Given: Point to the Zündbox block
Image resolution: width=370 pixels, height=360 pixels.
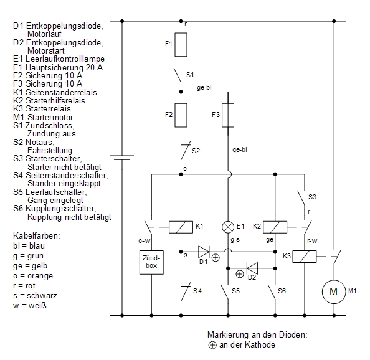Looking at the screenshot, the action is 151,262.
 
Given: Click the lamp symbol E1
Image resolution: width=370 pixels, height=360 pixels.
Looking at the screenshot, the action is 228,227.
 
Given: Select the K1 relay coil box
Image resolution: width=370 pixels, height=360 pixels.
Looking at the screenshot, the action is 181,227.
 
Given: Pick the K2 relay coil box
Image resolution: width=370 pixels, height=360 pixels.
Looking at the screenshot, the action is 275,227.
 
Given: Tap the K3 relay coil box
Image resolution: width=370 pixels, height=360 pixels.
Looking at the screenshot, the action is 305,257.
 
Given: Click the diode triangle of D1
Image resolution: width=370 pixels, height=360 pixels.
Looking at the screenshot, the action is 204,252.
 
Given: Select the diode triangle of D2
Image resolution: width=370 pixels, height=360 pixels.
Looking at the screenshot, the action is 252,268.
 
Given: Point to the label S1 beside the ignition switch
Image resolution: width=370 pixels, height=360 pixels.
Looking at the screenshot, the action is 190,75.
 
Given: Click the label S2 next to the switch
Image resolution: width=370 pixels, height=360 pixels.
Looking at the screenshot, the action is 196,151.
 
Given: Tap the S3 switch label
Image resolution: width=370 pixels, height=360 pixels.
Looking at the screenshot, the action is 312,197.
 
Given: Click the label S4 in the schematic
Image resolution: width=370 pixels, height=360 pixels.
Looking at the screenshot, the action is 197,291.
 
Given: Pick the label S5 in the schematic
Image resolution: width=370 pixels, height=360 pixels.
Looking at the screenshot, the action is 235,291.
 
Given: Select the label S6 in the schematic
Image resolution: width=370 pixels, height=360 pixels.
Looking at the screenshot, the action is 282,291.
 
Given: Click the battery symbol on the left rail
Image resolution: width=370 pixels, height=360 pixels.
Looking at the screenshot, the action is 122,158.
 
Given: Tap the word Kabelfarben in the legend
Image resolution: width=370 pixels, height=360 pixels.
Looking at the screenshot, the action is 37,235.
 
